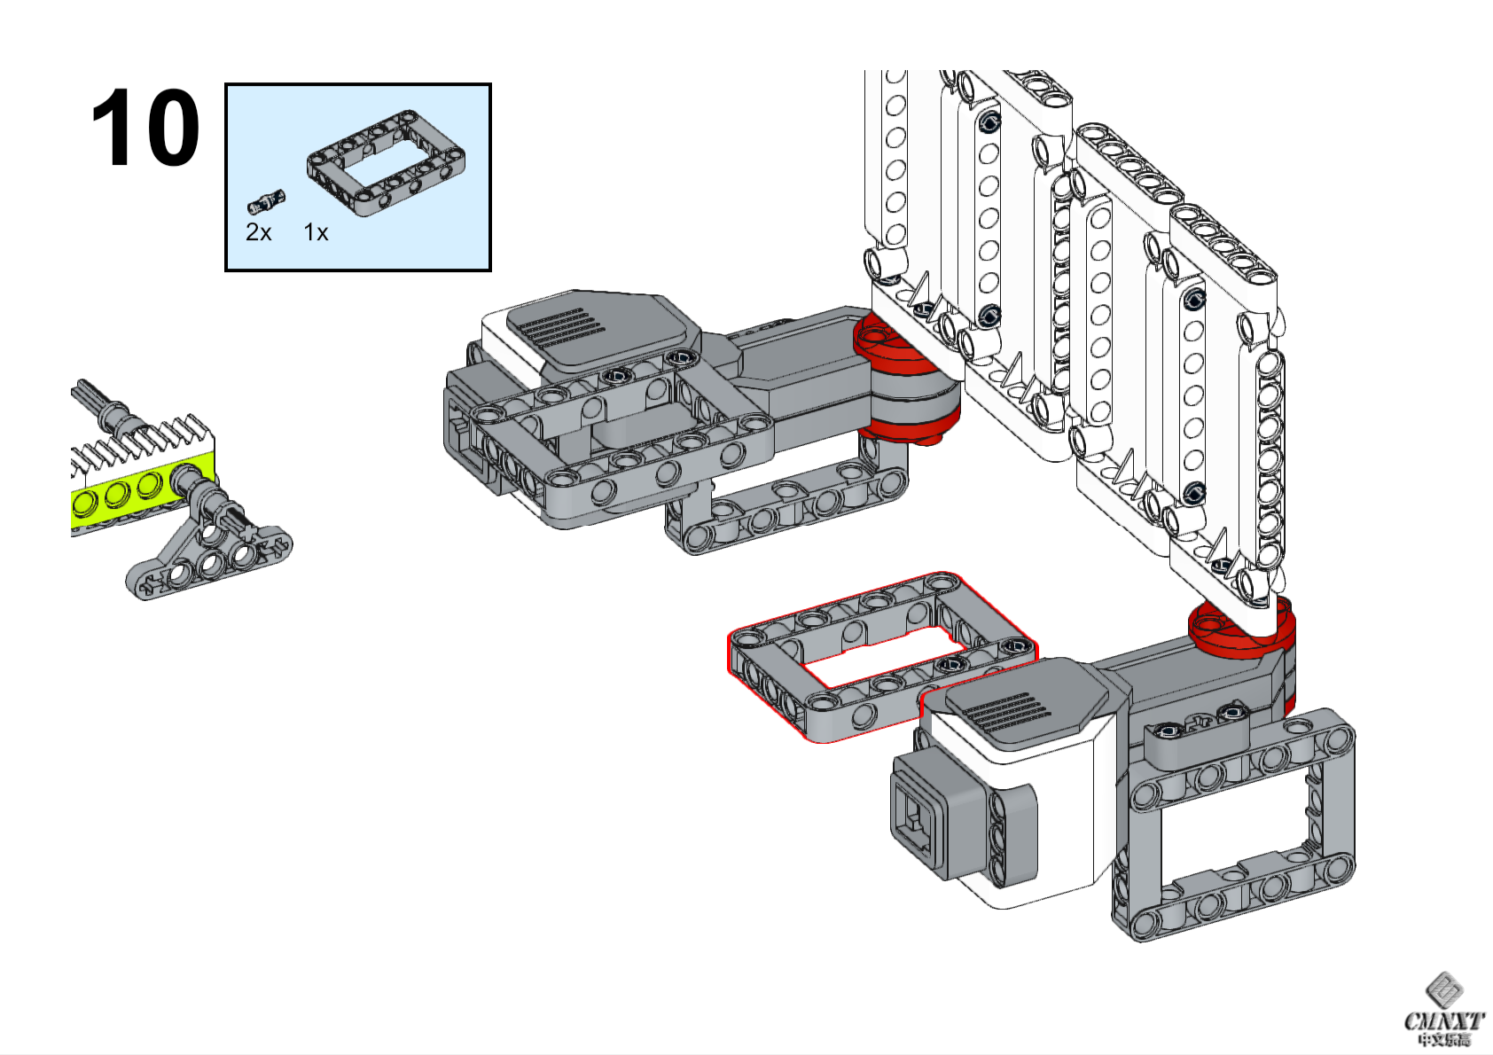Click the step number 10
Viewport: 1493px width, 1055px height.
[145, 128]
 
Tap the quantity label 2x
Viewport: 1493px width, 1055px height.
[258, 232]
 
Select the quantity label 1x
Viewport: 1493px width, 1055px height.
[316, 232]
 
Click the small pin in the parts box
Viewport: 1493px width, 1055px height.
[265, 202]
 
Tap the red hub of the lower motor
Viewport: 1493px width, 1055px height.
[1241, 629]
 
